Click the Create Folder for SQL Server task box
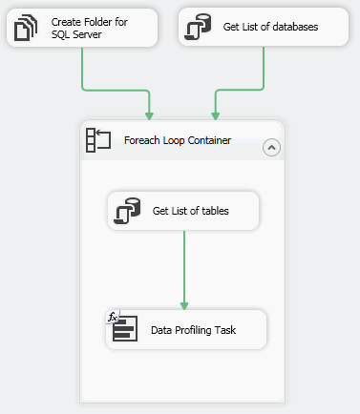(x=82, y=28)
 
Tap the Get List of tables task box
(x=183, y=211)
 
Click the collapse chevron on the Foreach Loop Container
(x=270, y=147)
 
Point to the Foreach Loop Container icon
(x=98, y=140)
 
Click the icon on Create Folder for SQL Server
(x=25, y=28)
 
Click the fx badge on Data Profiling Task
(x=112, y=316)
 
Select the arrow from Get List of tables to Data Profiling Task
(x=183, y=267)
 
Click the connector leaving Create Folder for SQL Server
(x=83, y=72)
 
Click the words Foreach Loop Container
(x=178, y=141)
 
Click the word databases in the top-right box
(x=291, y=27)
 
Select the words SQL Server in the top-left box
(x=76, y=35)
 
